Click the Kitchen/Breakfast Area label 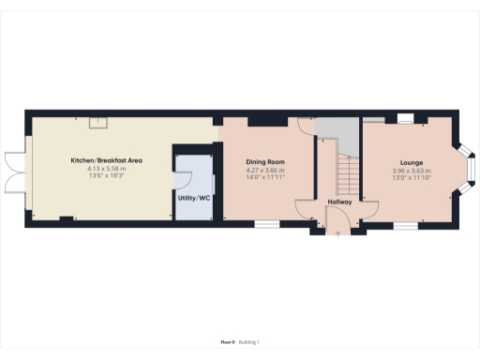(x=106, y=160)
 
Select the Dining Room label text (x=265, y=161)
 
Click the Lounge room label (x=410, y=161)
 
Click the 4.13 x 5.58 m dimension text (x=106, y=169)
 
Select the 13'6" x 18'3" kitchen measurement (x=106, y=176)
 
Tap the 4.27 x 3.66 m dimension (x=265, y=170)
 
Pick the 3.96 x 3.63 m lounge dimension (x=410, y=170)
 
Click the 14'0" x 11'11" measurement (x=265, y=177)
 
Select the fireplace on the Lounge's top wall (x=406, y=119)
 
